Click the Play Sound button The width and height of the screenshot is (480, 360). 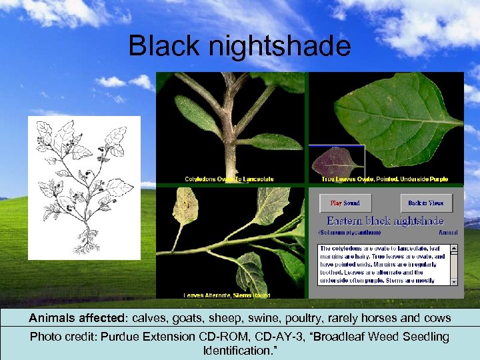pyautogui.click(x=345, y=203)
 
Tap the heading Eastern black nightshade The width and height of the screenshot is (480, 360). pyautogui.click(x=385, y=221)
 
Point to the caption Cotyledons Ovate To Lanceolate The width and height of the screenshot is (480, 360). pyautogui.click(x=229, y=179)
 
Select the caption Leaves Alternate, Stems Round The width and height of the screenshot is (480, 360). pyautogui.click(x=227, y=295)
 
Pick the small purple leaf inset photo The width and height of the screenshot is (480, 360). pyautogui.click(x=337, y=162)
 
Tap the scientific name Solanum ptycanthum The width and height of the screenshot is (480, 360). pyautogui.click(x=350, y=233)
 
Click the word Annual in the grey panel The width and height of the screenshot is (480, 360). pyautogui.click(x=448, y=233)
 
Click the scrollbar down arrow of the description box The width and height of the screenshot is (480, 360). pyautogui.click(x=455, y=281)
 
